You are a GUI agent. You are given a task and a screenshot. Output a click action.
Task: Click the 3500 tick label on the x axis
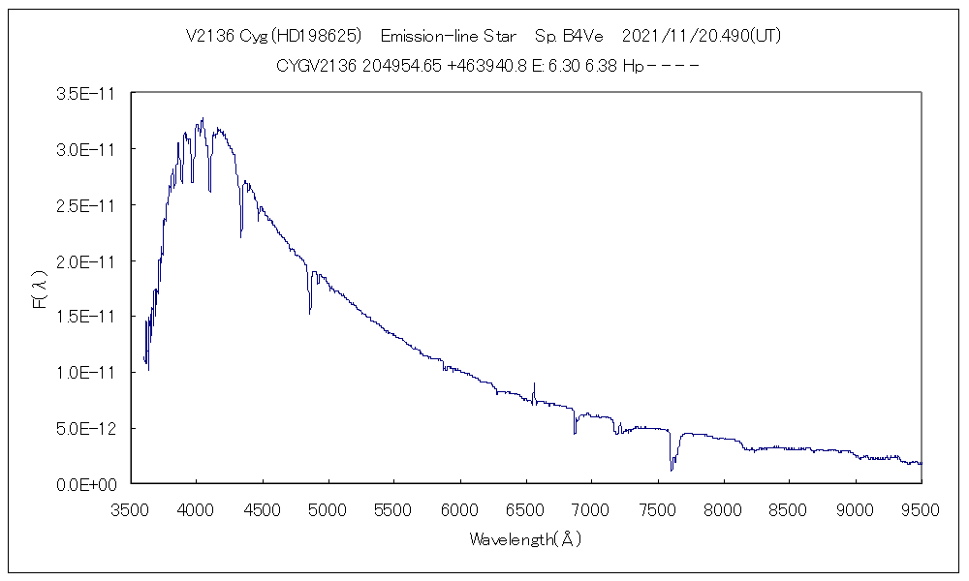[x=130, y=509]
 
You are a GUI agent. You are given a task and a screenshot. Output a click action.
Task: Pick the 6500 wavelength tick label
[x=525, y=509]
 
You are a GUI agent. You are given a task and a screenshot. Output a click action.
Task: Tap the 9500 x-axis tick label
[x=920, y=509]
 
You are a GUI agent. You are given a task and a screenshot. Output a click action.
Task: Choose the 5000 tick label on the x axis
[x=328, y=509]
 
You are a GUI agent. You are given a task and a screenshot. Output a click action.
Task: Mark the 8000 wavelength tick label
[x=723, y=509]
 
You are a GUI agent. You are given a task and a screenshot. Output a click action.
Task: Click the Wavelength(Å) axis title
[x=525, y=539]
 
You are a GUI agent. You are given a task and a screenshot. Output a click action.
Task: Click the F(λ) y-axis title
[x=40, y=289]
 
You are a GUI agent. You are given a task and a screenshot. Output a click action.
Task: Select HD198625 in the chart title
[x=317, y=37]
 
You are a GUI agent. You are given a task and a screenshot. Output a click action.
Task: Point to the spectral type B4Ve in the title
[x=581, y=37]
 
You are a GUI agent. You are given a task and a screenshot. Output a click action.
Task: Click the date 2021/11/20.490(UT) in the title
[x=701, y=37]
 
